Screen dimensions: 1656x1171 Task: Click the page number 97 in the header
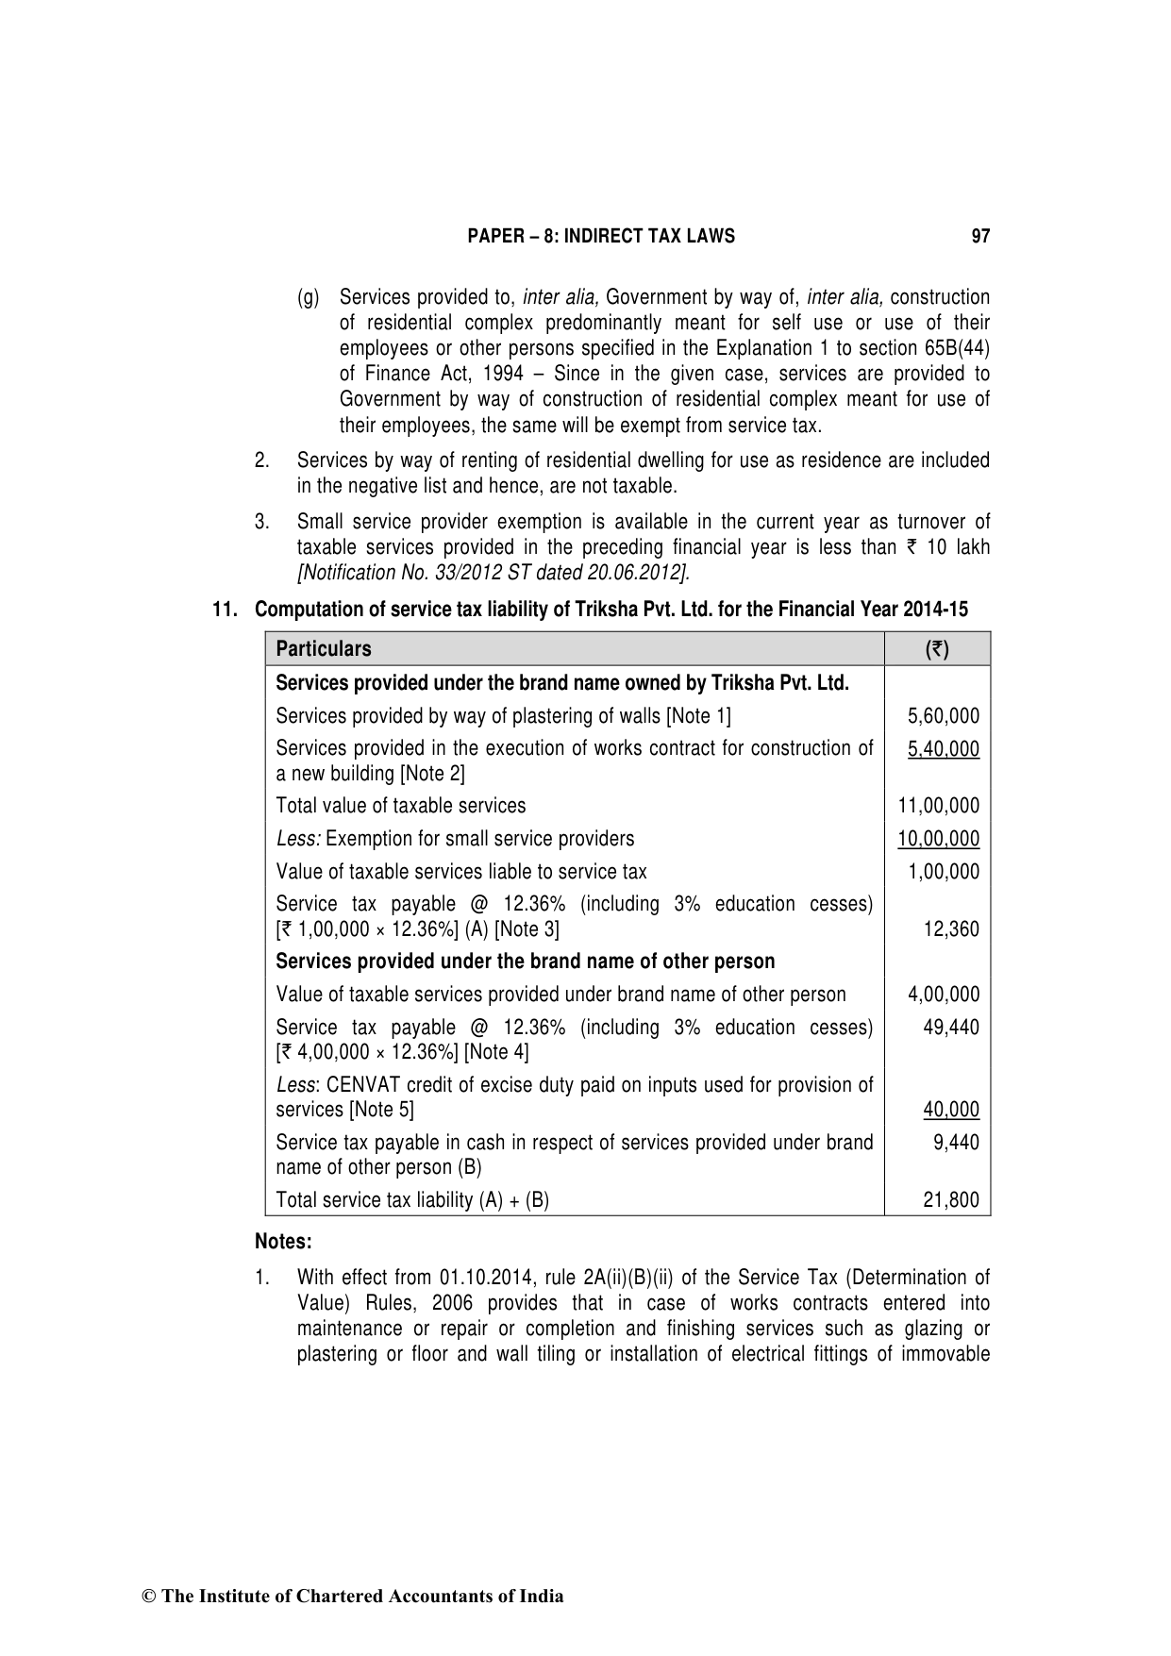pyautogui.click(x=980, y=236)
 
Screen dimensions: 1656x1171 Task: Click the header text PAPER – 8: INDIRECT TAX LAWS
pyautogui.click(x=601, y=236)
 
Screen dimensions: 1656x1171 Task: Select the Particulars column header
pyautogui.click(x=324, y=649)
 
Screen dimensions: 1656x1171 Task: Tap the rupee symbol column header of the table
pyautogui.click(x=937, y=649)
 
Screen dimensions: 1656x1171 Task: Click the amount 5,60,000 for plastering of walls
pyautogui.click(x=944, y=716)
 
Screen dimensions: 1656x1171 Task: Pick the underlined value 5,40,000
pyautogui.click(x=944, y=749)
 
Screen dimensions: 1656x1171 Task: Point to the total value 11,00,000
pyautogui.click(x=939, y=806)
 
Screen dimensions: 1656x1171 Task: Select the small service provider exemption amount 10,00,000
pyautogui.click(x=939, y=839)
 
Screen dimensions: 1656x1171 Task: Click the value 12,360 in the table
pyautogui.click(x=951, y=929)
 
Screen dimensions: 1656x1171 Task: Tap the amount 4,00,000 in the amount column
pyautogui.click(x=944, y=995)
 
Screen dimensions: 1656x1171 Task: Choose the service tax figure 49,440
pyautogui.click(x=951, y=1028)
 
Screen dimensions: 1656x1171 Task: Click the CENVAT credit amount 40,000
pyautogui.click(x=951, y=1110)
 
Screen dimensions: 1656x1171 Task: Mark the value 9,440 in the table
pyautogui.click(x=956, y=1143)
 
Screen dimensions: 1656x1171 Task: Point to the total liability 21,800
pyautogui.click(x=951, y=1200)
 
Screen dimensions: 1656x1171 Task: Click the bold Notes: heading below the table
pyautogui.click(x=283, y=1242)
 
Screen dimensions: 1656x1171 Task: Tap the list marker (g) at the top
pyautogui.click(x=309, y=298)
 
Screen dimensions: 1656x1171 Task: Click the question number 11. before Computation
pyautogui.click(x=225, y=610)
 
